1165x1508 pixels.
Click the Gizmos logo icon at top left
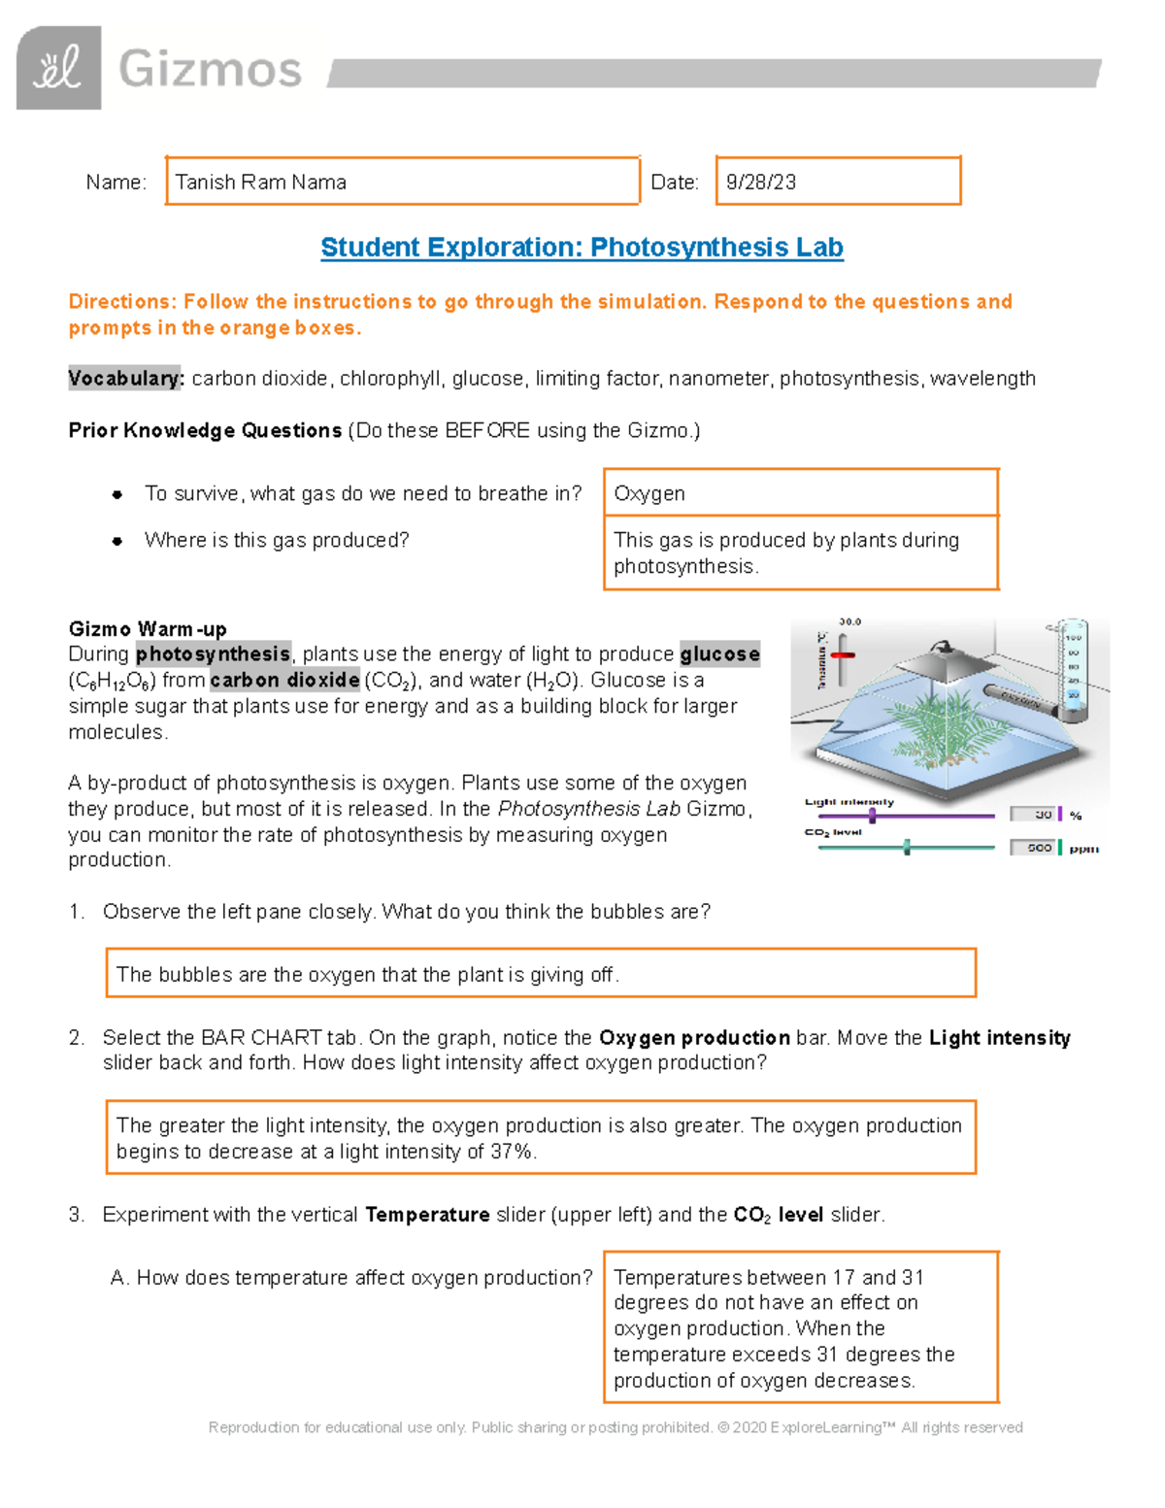pyautogui.click(x=58, y=68)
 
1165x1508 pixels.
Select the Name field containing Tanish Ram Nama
pyautogui.click(x=402, y=182)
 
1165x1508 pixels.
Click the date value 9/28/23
pyautogui.click(x=761, y=183)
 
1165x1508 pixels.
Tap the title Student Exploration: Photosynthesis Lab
pyautogui.click(x=582, y=248)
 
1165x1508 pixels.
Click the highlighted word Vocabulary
pyautogui.click(x=125, y=379)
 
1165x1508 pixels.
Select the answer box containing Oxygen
pyautogui.click(x=800, y=493)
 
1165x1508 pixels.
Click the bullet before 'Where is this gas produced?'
pyautogui.click(x=117, y=541)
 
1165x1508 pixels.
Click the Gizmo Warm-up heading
pyautogui.click(x=148, y=629)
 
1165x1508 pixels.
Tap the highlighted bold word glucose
pyautogui.click(x=719, y=654)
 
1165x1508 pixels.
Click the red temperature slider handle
pyautogui.click(x=843, y=655)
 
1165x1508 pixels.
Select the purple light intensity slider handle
pyautogui.click(x=872, y=816)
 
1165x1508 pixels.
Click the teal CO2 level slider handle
pyautogui.click(x=907, y=848)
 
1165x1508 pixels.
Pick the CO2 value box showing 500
pyautogui.click(x=1033, y=848)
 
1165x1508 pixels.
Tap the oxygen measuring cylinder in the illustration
pyautogui.click(x=1072, y=670)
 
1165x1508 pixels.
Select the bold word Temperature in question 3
pyautogui.click(x=427, y=1215)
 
